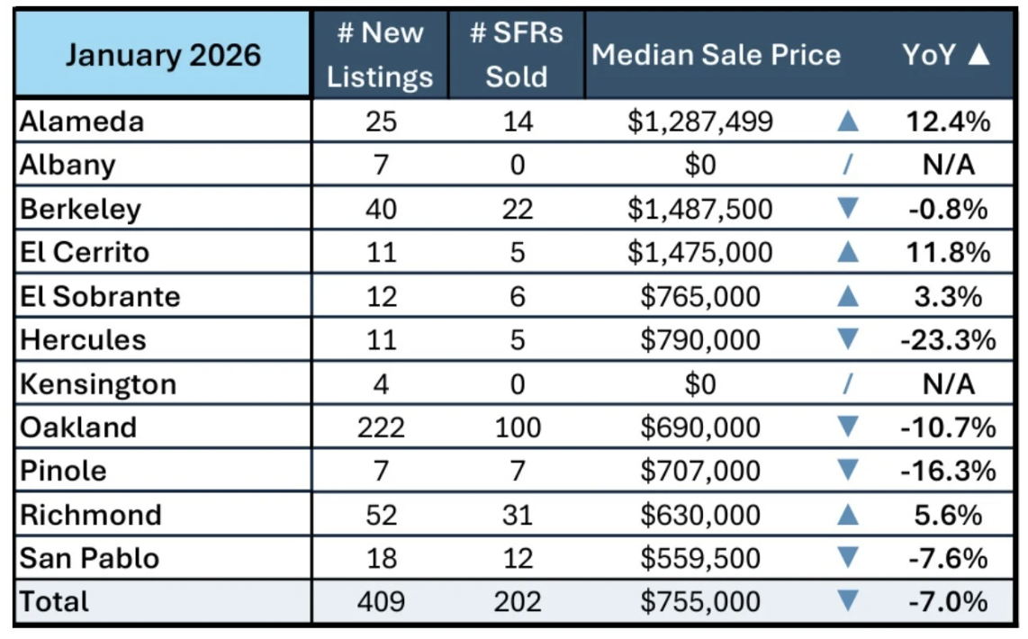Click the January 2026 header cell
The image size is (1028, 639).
[163, 55]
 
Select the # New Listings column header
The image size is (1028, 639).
[380, 55]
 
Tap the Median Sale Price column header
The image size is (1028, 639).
[716, 55]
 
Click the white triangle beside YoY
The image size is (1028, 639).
[978, 55]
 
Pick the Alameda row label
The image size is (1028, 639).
[82, 121]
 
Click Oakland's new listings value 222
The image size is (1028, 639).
[381, 427]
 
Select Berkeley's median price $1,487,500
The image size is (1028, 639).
[699, 209]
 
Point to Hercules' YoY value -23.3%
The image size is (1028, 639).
[948, 340]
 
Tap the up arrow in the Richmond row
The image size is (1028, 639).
[847, 515]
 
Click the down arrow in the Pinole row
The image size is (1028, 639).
[847, 471]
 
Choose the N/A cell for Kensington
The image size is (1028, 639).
[948, 384]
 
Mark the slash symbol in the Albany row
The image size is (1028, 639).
[847, 165]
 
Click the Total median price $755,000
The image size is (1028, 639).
[699, 601]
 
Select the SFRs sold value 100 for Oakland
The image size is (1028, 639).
[517, 427]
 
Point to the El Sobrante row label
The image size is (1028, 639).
[100, 296]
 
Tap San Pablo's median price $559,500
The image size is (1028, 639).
[699, 558]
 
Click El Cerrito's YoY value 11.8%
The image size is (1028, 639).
[948, 252]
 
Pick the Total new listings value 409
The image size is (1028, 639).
[381, 601]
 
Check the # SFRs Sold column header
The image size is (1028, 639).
[517, 55]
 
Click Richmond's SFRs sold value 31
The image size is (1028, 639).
[517, 515]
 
